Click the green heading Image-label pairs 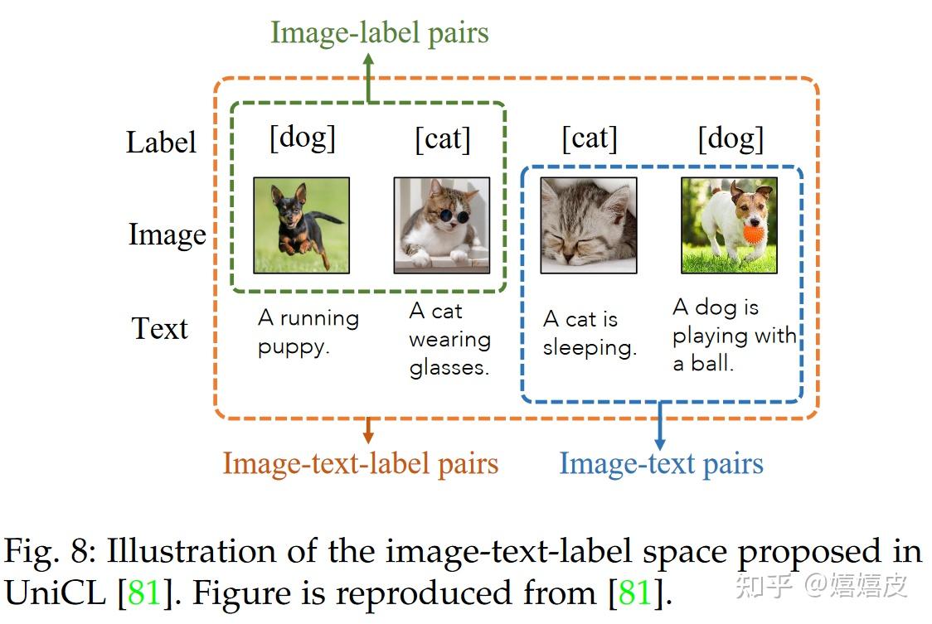(379, 33)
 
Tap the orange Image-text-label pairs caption (360, 463)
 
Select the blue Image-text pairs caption (661, 463)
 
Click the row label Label (161, 142)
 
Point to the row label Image (167, 235)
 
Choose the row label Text (160, 328)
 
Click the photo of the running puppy (301, 225)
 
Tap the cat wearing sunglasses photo (441, 225)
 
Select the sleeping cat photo (588, 225)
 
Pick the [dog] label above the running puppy (303, 138)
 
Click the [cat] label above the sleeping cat (590, 138)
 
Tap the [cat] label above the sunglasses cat (442, 138)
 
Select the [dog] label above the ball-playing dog (731, 138)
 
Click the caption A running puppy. (308, 331)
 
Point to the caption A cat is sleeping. (590, 332)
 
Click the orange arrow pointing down (368, 428)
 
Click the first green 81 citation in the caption (143, 593)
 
